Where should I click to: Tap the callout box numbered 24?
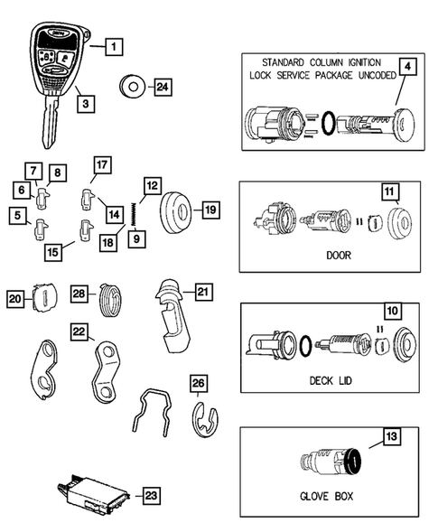163,88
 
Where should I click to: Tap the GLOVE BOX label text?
328,496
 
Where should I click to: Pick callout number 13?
391,438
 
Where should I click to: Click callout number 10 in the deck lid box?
392,310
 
